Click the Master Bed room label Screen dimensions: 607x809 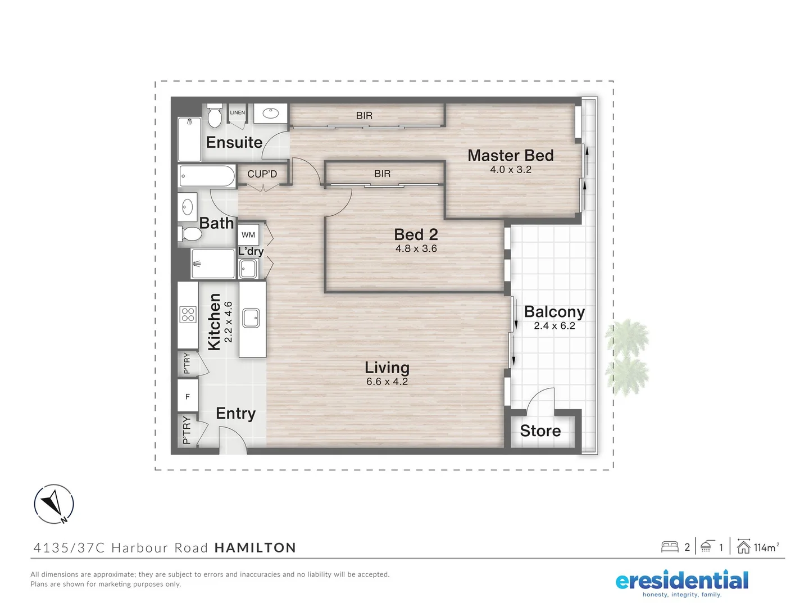pos(510,155)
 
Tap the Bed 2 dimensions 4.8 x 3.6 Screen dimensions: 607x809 pos(416,248)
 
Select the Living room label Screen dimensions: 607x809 pos(387,368)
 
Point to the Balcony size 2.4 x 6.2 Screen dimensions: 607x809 pos(555,326)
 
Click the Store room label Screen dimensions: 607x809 pos(540,431)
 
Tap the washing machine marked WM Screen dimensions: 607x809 pos(248,235)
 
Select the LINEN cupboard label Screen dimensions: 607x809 pos(238,112)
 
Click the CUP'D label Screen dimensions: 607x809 pos(262,174)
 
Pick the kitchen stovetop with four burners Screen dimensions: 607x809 pos(188,314)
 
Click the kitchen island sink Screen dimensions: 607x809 pos(251,318)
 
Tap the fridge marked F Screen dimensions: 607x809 pos(188,397)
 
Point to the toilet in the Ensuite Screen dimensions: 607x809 pos(214,116)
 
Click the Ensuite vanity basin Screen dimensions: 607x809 pos(271,114)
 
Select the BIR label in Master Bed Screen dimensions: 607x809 pos(364,116)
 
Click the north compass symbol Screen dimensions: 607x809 pos(54,504)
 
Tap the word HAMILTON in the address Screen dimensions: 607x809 pos(255,548)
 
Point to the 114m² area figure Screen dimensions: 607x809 pos(766,547)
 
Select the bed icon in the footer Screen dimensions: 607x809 pos(670,547)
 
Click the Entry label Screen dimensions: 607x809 pos(235,414)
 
